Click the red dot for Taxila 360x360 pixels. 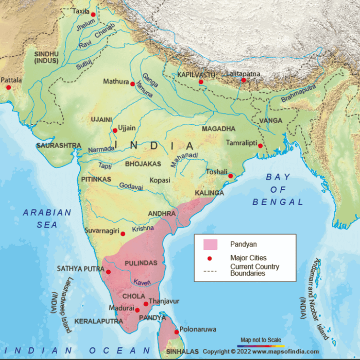click(x=93, y=15)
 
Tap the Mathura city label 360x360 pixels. click(x=116, y=82)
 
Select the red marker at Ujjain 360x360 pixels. click(x=115, y=131)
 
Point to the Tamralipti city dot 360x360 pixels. click(x=260, y=146)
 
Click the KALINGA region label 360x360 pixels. click(x=209, y=193)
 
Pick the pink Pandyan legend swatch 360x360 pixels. click(x=210, y=244)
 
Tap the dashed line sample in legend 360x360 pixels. click(x=210, y=270)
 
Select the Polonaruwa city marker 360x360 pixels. click(x=176, y=332)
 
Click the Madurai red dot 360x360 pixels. click(x=137, y=310)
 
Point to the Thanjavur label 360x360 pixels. click(x=164, y=301)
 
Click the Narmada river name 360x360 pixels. click(x=101, y=149)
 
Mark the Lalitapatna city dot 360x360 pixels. click(x=243, y=80)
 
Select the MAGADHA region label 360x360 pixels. click(x=218, y=129)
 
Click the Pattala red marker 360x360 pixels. click(x=8, y=88)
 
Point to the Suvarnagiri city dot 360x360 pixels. click(x=123, y=234)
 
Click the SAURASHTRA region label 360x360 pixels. click(x=59, y=146)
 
